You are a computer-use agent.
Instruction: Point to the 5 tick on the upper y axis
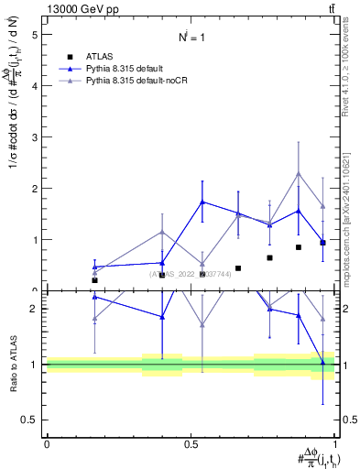pyautogui.click(x=36, y=35)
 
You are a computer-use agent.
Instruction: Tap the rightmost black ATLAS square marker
pyautogui.click(x=322, y=243)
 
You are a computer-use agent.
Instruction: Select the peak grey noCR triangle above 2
pyautogui.click(x=299, y=173)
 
